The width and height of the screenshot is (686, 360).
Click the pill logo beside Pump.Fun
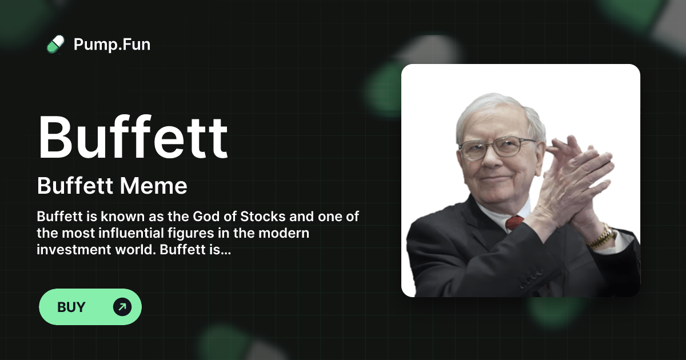click(55, 44)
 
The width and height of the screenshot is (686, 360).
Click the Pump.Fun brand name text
click(112, 44)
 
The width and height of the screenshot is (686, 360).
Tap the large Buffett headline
click(133, 138)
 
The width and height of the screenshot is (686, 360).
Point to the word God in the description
click(224, 218)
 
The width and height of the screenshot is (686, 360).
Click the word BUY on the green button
click(71, 307)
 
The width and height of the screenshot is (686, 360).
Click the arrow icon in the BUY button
click(122, 307)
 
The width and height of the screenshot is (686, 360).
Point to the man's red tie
click(514, 222)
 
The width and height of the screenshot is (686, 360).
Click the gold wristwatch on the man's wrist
click(600, 235)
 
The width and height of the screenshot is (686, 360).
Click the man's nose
click(490, 160)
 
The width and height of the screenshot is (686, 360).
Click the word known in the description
click(109, 218)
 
